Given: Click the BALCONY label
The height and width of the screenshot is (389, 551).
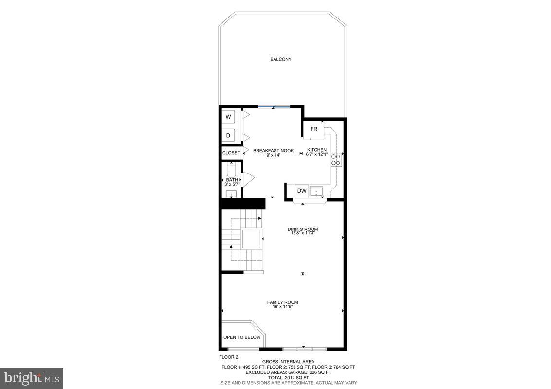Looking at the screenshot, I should tap(281, 59).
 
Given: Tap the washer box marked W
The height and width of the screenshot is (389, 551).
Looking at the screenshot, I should tap(228, 117).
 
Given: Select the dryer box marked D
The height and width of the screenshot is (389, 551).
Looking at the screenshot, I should tap(228, 135).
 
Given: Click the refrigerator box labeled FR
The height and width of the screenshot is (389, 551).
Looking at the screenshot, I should tap(314, 129).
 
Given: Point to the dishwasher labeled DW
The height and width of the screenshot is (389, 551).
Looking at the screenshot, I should tap(302, 191).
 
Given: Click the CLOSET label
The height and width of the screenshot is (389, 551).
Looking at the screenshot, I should tap(231, 153).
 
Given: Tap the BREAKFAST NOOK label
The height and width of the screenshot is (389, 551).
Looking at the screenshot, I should tap(273, 151).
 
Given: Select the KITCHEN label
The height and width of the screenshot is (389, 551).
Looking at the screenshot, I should tap(317, 150).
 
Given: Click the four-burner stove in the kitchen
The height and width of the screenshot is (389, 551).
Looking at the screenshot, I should tap(336, 159).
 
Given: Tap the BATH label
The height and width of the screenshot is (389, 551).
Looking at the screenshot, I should tap(232, 180).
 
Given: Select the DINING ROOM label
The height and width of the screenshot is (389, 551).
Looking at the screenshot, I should tap(303, 229).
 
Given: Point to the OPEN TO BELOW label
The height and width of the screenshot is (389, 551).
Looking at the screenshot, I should tap(242, 337).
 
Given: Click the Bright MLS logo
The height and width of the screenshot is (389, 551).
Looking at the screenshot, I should tap(32, 377).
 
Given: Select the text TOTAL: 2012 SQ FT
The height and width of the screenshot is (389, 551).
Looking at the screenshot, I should tap(288, 377).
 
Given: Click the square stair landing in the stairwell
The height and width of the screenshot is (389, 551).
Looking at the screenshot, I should tap(252, 239).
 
